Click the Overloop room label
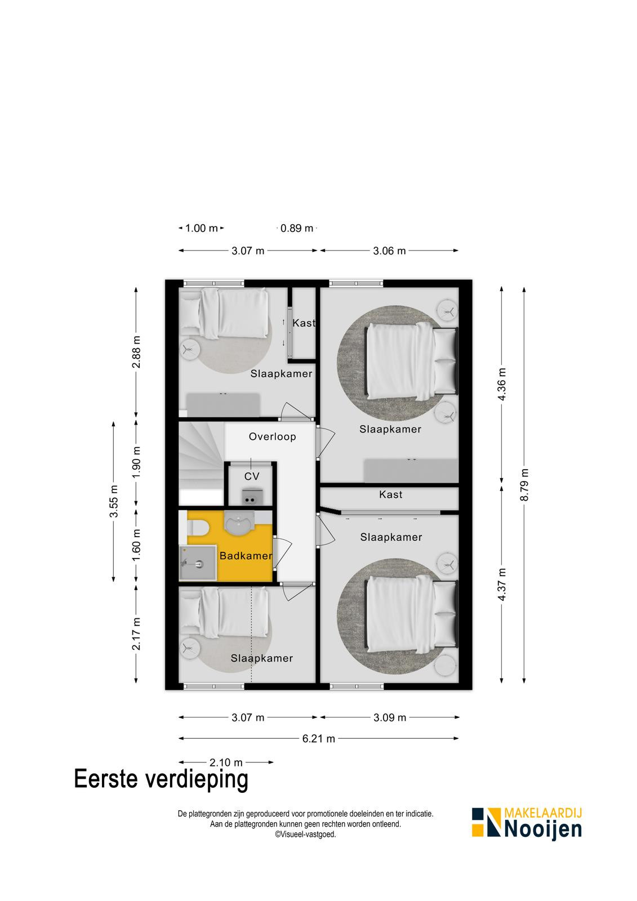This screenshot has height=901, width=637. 272,436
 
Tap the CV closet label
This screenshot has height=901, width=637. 252,476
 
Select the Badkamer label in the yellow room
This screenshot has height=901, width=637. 246,556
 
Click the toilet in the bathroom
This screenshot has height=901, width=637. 197,527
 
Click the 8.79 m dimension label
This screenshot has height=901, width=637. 524,485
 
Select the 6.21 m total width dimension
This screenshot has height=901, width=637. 319,739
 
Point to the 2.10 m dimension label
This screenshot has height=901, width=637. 226,762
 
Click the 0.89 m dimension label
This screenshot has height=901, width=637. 297,229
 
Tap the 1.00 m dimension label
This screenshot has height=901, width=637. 202,229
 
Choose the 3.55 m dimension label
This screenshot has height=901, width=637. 114,501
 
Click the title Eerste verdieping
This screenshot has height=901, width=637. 161,779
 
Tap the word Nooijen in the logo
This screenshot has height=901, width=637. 543,830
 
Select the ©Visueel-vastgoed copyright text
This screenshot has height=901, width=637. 305,834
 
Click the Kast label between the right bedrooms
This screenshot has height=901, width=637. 391,494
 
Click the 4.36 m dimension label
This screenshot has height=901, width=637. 501,384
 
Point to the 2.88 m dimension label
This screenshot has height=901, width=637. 136,351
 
